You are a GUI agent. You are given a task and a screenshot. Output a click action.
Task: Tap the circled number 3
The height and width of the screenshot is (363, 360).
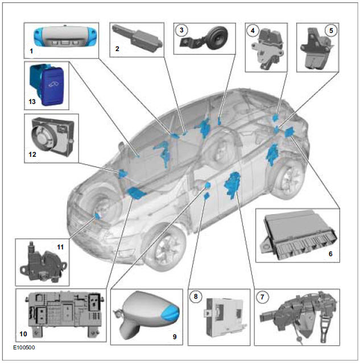pyautogui.click(x=181, y=29)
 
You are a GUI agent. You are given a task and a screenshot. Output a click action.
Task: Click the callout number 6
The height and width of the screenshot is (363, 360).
pyautogui.click(x=331, y=255)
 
